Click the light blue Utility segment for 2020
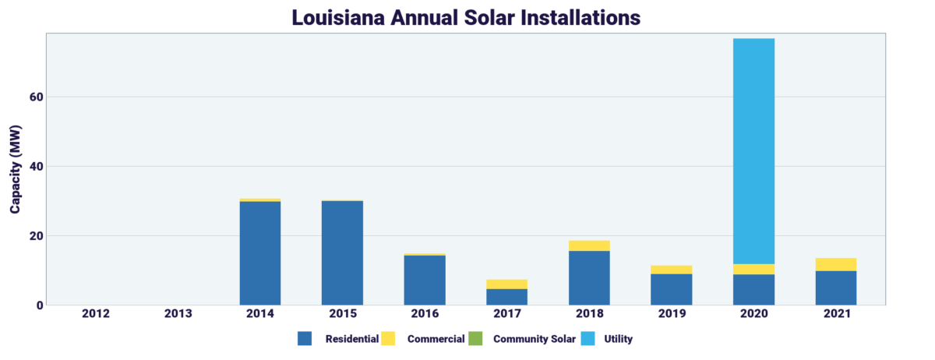click(x=753, y=151)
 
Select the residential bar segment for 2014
click(x=260, y=253)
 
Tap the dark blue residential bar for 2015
click(x=342, y=253)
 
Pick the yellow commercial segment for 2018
click(x=589, y=245)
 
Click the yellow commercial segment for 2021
click(x=836, y=264)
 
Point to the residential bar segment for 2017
click(x=506, y=297)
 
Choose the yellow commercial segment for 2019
click(x=672, y=270)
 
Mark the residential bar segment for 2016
click(x=425, y=280)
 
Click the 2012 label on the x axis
click(x=95, y=314)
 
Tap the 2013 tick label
click(x=178, y=314)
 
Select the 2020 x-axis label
click(x=753, y=314)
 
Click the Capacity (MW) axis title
click(x=16, y=169)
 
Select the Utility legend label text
click(x=618, y=339)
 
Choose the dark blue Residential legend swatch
click(x=305, y=339)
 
